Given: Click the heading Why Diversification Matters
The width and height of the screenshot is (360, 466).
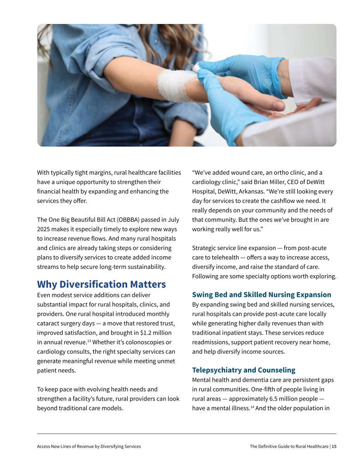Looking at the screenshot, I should tap(101, 284).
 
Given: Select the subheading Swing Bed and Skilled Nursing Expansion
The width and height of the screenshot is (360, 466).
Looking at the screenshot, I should tap(261, 295).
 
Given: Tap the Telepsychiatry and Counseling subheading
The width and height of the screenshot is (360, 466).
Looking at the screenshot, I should tap(243, 370).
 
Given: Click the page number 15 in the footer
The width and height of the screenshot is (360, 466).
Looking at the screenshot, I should tap(334, 446).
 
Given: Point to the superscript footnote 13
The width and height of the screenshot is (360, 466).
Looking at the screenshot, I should tap(89, 341).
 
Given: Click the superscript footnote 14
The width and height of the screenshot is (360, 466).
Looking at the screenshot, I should tap(252, 407).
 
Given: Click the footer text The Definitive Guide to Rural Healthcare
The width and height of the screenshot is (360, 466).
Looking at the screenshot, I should tap(289, 446).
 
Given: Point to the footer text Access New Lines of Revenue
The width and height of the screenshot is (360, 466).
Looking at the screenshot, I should tap(71, 446).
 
